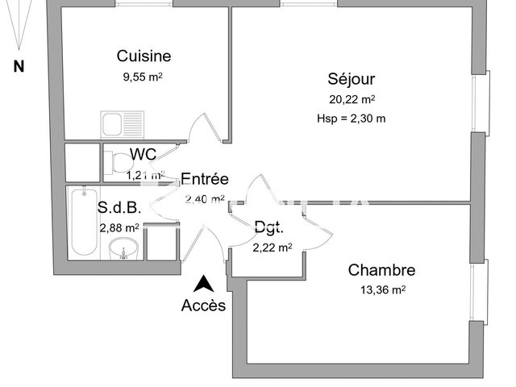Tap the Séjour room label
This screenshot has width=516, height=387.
point(351,79)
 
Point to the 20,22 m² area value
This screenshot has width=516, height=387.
point(351,100)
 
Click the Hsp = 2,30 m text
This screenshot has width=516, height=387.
point(351,119)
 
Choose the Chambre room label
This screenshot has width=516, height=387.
point(381,270)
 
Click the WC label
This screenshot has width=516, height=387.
point(143,154)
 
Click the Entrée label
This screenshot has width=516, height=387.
point(205,179)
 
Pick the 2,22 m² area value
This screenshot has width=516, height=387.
point(272,248)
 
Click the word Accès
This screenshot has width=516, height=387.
point(204,306)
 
